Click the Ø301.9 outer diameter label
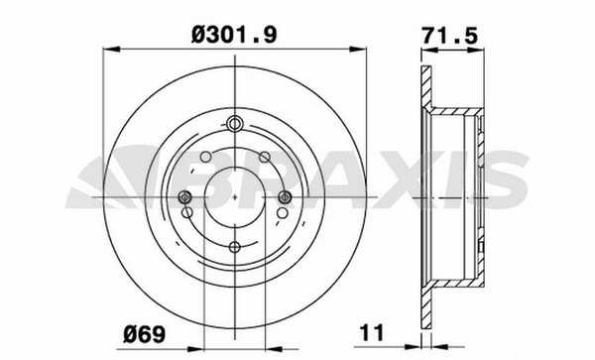(234, 35)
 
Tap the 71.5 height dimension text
(450, 36)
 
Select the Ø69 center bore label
(144, 334)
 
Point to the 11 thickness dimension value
(372, 332)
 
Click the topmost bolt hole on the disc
(235, 123)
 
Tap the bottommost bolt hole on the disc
(235, 247)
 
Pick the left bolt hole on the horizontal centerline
(185, 197)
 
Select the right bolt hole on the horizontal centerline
(285, 197)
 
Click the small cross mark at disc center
(235, 197)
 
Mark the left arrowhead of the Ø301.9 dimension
(111, 50)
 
